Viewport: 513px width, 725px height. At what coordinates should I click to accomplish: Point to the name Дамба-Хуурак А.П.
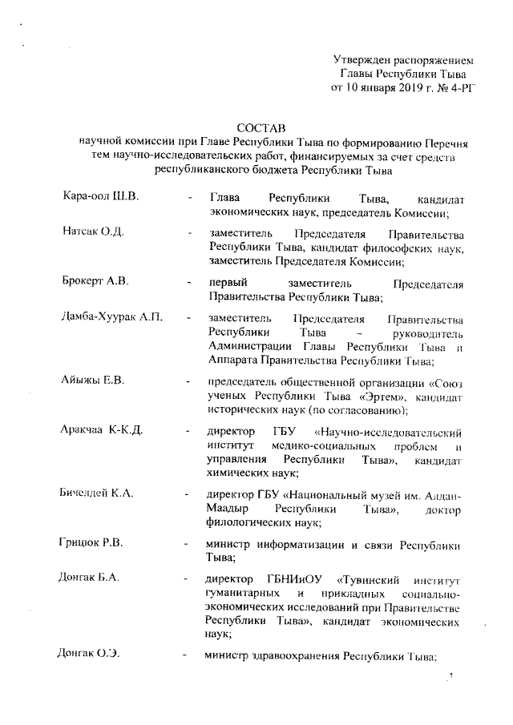point(112,318)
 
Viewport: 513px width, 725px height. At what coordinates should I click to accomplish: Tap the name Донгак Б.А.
point(90,578)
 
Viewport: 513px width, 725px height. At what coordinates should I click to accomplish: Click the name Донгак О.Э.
point(90,655)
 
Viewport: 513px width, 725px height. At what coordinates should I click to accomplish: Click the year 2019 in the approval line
point(406,88)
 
